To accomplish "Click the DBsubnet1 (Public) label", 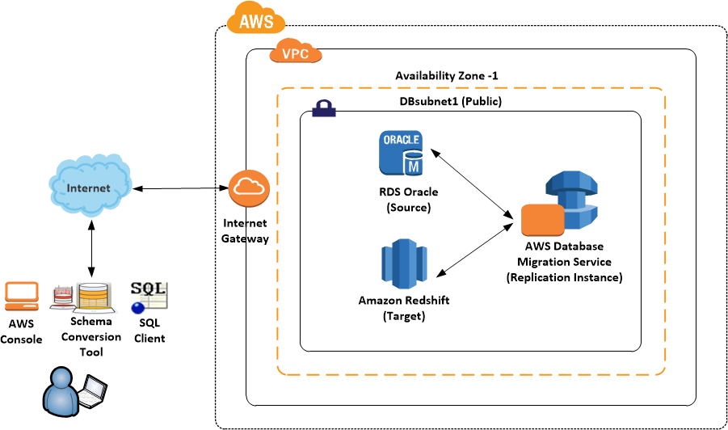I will pos(451,102).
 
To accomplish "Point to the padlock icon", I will pos(323,108).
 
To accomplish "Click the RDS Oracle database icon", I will pos(402,154).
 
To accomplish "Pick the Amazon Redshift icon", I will pos(403,263).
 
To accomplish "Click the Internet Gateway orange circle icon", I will pos(246,188).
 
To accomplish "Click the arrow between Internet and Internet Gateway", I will pos(179,188).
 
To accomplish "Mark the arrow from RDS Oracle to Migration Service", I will pos(472,183).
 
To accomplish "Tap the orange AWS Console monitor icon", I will pos(22,297).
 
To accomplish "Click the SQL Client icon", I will pos(149,297).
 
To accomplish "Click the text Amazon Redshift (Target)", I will pos(403,308).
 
